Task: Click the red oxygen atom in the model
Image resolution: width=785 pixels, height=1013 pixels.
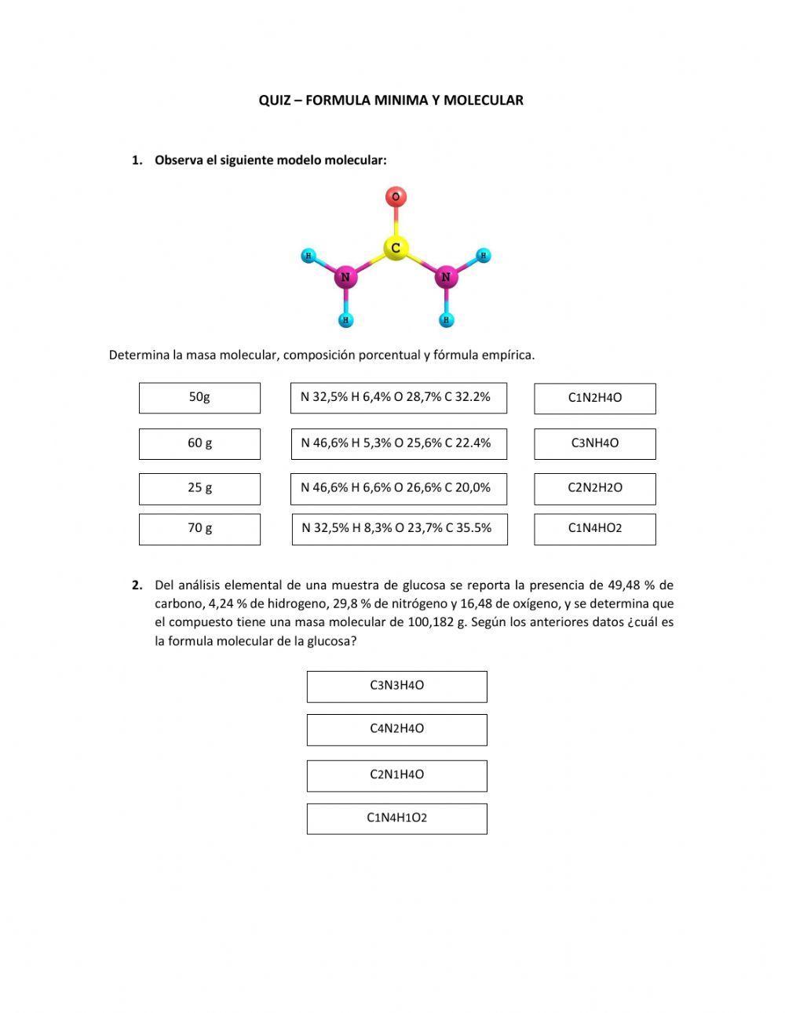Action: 396,196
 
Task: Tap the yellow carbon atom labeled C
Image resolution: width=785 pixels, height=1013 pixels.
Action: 396,248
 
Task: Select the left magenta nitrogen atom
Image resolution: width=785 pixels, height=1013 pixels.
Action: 345,277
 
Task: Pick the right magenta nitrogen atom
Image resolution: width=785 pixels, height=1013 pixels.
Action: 446,277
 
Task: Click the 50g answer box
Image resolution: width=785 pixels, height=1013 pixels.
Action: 199,398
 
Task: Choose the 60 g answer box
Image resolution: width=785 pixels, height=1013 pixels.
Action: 199,443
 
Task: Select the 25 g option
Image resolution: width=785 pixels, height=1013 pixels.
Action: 199,488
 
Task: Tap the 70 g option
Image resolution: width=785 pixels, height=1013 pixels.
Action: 199,529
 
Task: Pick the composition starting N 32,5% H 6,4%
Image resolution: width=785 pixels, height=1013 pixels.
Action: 398,398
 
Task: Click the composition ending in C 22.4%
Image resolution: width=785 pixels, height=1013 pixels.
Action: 398,443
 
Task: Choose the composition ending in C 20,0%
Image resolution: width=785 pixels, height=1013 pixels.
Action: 398,488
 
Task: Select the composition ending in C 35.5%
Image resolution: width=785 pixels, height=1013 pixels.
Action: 399,529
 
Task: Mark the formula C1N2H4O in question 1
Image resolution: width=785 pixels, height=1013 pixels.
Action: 594,398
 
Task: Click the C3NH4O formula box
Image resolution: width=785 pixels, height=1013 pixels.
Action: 594,443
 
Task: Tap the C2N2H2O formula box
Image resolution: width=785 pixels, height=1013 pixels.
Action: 594,488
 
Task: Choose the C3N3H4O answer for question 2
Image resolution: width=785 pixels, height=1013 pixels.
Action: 396,686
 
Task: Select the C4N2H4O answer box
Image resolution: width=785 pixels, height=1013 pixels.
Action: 396,729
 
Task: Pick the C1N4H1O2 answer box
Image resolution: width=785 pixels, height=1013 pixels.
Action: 396,818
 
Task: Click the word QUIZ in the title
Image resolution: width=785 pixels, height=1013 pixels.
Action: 274,100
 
